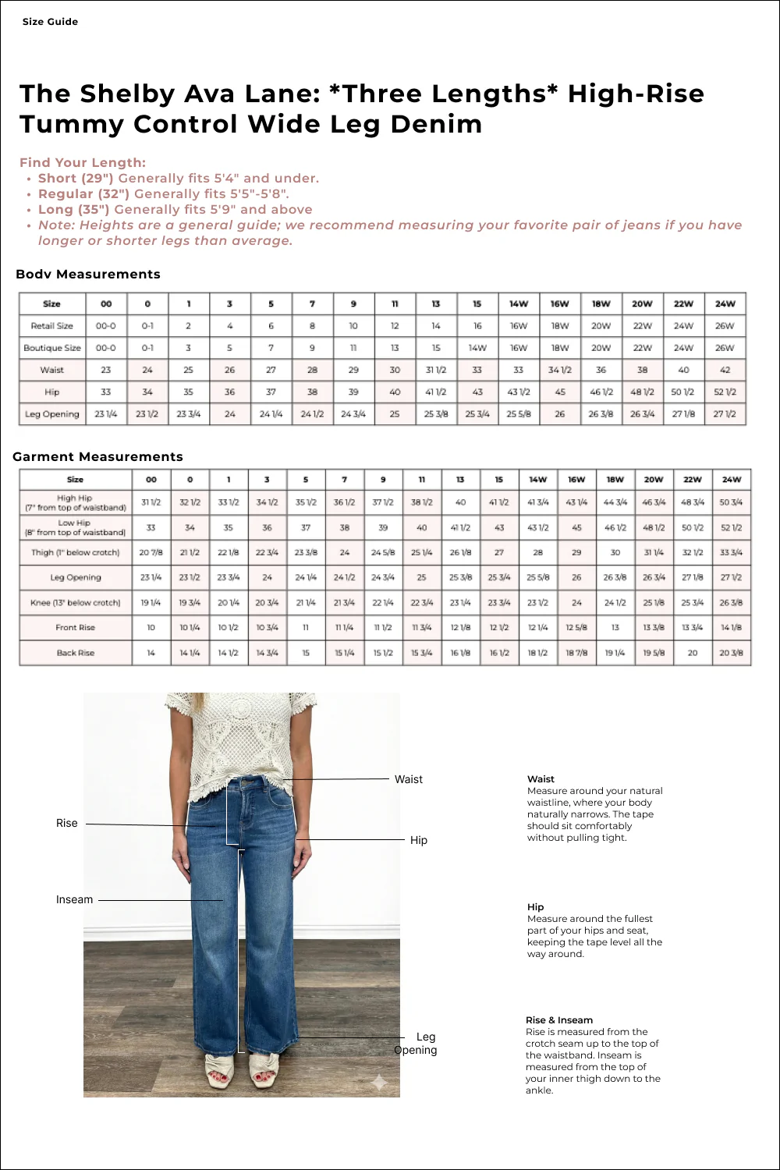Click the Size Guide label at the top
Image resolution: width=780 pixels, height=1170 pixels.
click(x=50, y=22)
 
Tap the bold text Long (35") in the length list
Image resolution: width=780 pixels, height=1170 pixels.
click(x=73, y=210)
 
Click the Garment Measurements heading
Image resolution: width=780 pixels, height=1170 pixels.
click(x=97, y=457)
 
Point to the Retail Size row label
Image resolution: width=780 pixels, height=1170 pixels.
click(x=51, y=326)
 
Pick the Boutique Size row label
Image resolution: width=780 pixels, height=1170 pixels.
click(x=51, y=348)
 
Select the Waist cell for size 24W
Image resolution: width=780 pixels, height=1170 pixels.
click(x=725, y=370)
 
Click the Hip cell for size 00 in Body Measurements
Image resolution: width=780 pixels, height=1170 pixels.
click(x=106, y=392)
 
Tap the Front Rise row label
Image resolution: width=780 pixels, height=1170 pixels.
click(x=75, y=627)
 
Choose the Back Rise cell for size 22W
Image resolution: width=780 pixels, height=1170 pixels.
click(x=692, y=653)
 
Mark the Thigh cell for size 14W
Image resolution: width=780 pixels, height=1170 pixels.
click(x=537, y=552)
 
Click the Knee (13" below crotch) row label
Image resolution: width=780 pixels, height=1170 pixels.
click(x=75, y=603)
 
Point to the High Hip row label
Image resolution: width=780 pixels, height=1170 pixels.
click(x=75, y=502)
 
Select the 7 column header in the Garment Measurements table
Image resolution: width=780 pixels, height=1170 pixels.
click(x=344, y=480)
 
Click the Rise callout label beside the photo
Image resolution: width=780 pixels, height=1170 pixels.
click(x=67, y=823)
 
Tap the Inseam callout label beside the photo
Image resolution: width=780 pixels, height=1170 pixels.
click(x=74, y=899)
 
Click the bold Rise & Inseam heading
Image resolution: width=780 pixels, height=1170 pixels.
click(x=558, y=1020)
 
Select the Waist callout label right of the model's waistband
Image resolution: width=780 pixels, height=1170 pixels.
click(x=408, y=779)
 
